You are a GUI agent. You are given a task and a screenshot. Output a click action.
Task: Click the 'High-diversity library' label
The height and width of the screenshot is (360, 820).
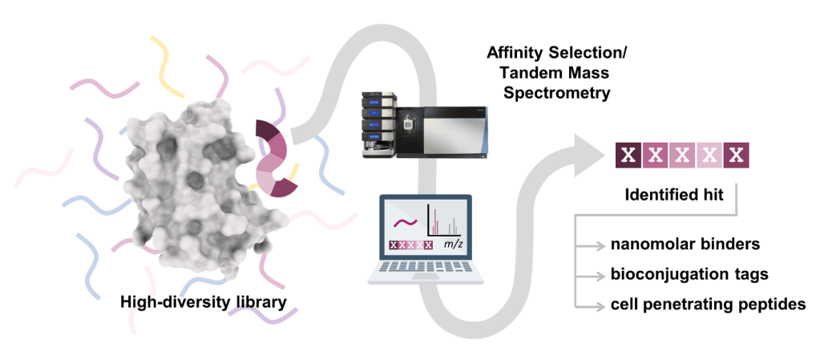click(x=203, y=302)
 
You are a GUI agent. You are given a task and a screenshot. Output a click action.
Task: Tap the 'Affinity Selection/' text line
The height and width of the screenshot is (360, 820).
click(x=557, y=54)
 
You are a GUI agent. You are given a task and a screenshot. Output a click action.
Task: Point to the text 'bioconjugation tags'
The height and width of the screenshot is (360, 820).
click(x=688, y=274)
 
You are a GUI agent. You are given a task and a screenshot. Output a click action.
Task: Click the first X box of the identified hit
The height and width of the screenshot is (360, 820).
click(x=629, y=155)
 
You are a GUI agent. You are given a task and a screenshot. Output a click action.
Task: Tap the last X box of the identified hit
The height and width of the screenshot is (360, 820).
click(x=735, y=155)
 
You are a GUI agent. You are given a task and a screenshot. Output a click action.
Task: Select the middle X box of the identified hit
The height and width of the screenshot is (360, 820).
click(x=682, y=155)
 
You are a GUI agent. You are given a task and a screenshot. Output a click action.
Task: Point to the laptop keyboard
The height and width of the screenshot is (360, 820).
click(x=426, y=267)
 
